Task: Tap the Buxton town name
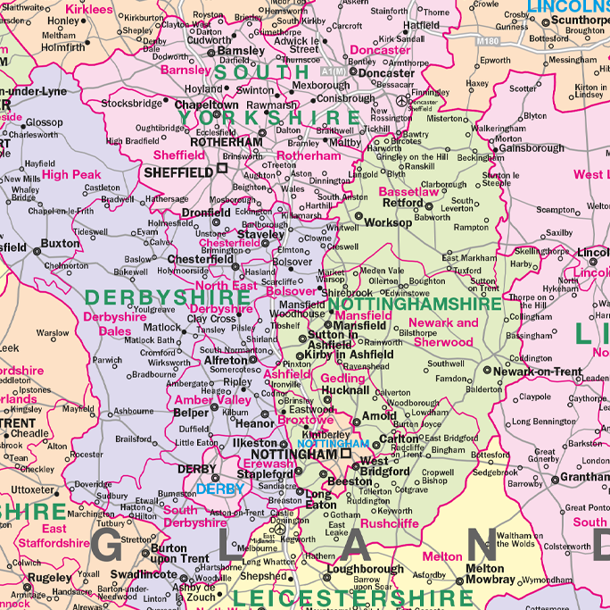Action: pyautogui.click(x=61, y=243)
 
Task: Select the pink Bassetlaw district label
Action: pyautogui.click(x=408, y=192)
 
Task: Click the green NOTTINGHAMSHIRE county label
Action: pyautogui.click(x=415, y=305)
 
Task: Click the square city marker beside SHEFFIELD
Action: pyautogui.click(x=222, y=169)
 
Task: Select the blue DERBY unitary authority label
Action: pyautogui.click(x=220, y=489)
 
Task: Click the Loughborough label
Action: pyautogui.click(x=365, y=569)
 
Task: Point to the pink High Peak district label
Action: pyautogui.click(x=71, y=175)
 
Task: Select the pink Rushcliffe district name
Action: pyautogui.click(x=390, y=524)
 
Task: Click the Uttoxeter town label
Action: pyautogui.click(x=34, y=489)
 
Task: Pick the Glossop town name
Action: pyautogui.click(x=44, y=122)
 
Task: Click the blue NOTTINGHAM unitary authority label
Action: pyautogui.click(x=332, y=443)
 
